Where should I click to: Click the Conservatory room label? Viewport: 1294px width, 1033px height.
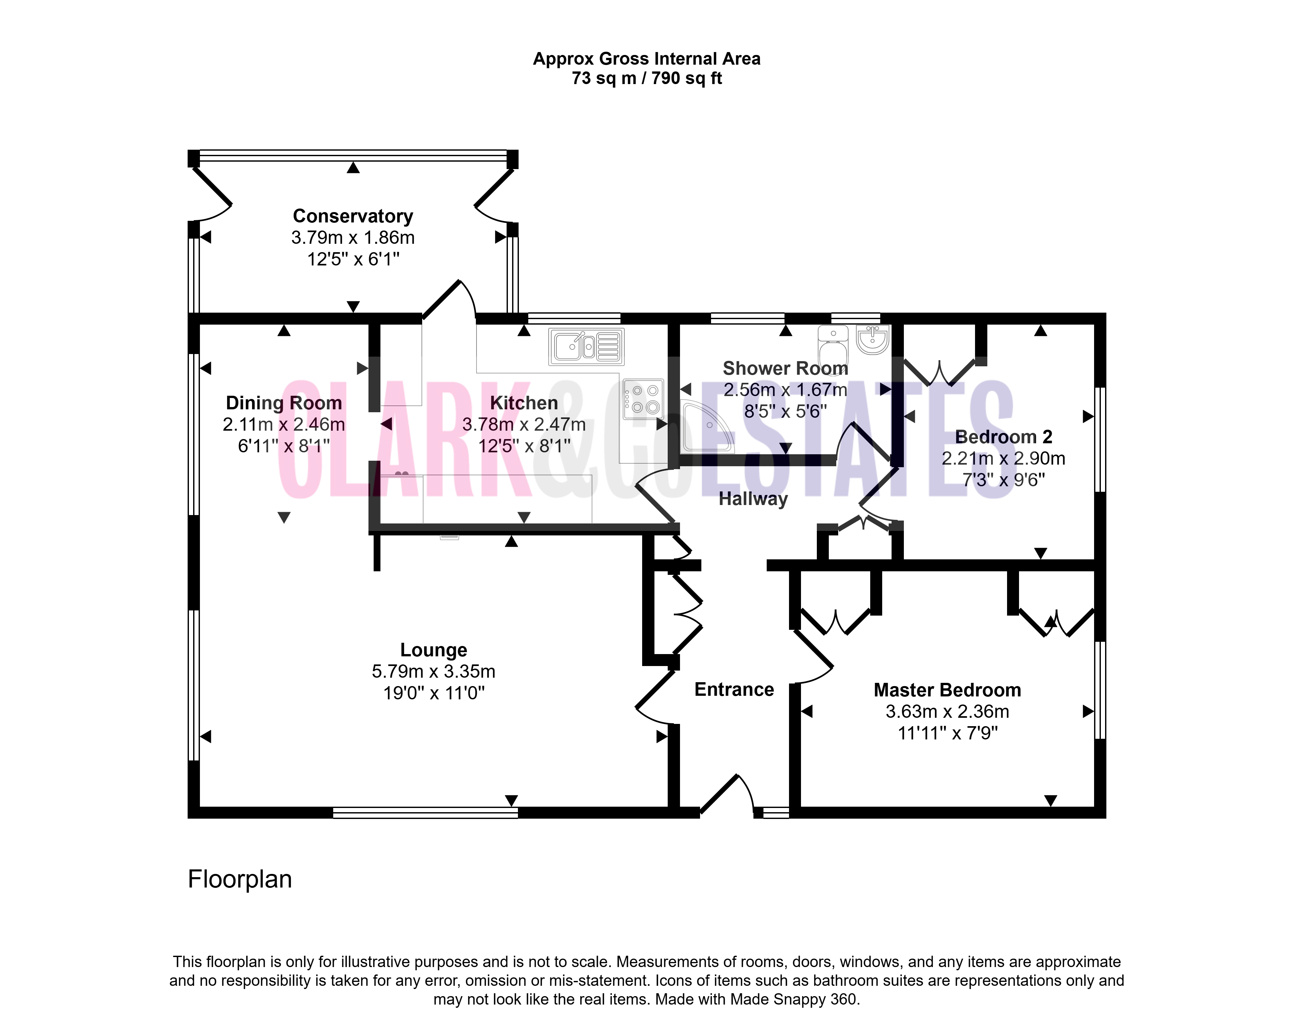(x=353, y=216)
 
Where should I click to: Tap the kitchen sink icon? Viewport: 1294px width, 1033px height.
(x=587, y=347)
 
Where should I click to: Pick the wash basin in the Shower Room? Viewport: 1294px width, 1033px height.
(x=872, y=339)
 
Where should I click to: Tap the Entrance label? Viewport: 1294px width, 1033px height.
(x=734, y=689)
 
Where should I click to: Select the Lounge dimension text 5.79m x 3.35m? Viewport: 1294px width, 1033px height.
(x=433, y=671)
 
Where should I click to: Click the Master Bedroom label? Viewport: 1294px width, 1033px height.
(x=947, y=690)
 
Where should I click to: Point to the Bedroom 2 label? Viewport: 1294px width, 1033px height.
(x=1003, y=437)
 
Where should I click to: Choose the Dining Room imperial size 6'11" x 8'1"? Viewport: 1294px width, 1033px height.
(x=284, y=446)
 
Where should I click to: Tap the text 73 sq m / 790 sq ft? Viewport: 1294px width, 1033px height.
(x=647, y=78)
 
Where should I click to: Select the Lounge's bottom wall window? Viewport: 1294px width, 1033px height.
(x=425, y=813)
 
